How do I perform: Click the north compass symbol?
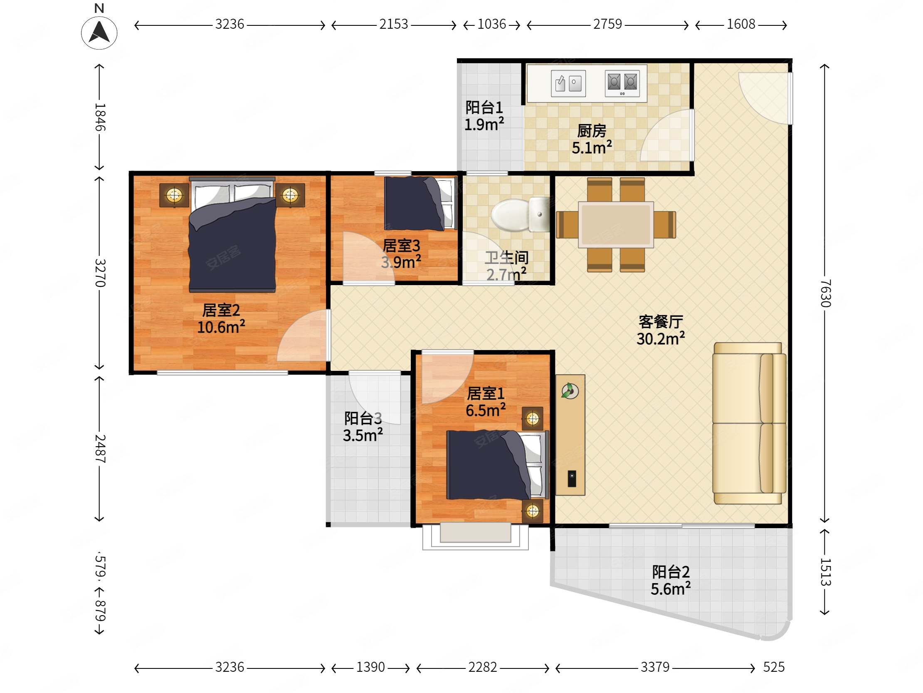[99, 32]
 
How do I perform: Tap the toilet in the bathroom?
[521, 214]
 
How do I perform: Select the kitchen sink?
[568, 83]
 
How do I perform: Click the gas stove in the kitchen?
[622, 83]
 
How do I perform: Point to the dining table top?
[616, 225]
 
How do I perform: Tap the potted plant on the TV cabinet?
[570, 391]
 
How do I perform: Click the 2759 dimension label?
[607, 24]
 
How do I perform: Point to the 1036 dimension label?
[491, 24]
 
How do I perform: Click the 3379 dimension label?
[655, 667]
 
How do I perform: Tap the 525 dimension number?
[774, 667]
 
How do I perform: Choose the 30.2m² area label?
[661, 338]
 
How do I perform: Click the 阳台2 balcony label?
[671, 572]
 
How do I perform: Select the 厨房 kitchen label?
[592, 131]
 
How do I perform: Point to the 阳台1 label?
[484, 108]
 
